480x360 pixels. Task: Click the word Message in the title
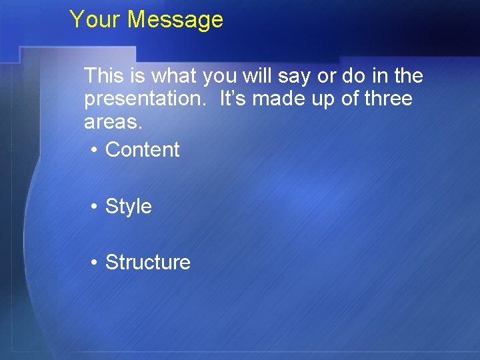[175, 19]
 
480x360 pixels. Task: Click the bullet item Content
[143, 150]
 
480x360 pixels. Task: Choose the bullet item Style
[129, 207]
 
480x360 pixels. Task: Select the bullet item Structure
[148, 263]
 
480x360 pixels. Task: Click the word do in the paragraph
[354, 76]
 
